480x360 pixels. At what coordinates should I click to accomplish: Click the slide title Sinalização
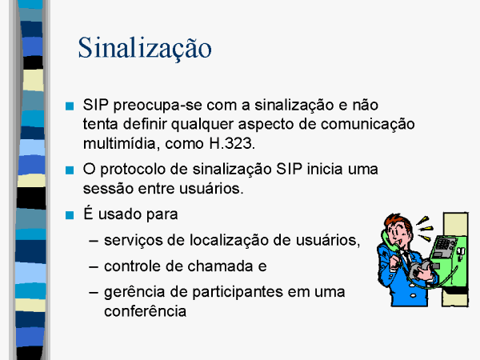point(145,48)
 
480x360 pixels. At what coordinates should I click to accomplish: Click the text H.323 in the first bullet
point(232,143)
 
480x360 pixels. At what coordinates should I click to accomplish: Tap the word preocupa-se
point(158,106)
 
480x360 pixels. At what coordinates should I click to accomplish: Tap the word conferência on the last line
point(145,311)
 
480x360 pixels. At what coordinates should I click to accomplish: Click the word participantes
point(238,292)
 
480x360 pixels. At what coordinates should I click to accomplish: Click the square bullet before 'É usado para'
point(70,215)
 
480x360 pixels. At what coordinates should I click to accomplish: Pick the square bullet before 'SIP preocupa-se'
point(70,106)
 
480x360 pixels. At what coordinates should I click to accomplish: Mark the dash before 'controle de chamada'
point(94,266)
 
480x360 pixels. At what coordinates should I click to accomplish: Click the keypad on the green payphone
point(442,244)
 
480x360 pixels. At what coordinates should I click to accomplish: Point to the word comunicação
point(368,125)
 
